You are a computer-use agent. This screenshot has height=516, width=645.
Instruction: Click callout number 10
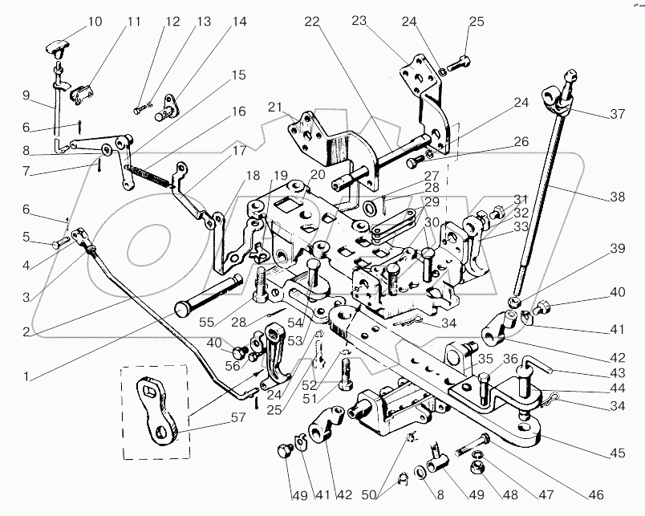click(95, 22)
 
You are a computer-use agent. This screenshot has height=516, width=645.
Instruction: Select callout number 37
click(618, 114)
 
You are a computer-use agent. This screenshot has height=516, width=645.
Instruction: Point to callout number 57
click(238, 418)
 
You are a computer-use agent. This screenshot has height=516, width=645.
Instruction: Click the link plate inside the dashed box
click(156, 410)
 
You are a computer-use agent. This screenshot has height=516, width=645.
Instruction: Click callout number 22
click(312, 22)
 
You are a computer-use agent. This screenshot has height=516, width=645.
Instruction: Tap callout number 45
click(618, 453)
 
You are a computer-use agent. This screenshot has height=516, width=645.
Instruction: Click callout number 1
click(26, 376)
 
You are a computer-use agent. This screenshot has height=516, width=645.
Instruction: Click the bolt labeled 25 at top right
click(458, 63)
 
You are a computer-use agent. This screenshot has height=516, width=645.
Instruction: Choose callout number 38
click(618, 197)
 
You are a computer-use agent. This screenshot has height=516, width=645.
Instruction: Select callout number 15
click(238, 75)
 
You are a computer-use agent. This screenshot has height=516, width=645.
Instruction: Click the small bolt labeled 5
click(61, 244)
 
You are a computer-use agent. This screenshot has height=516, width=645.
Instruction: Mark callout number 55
click(206, 322)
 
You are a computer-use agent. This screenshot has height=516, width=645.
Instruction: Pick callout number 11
click(133, 22)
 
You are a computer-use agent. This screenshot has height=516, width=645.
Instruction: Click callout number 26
click(521, 141)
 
